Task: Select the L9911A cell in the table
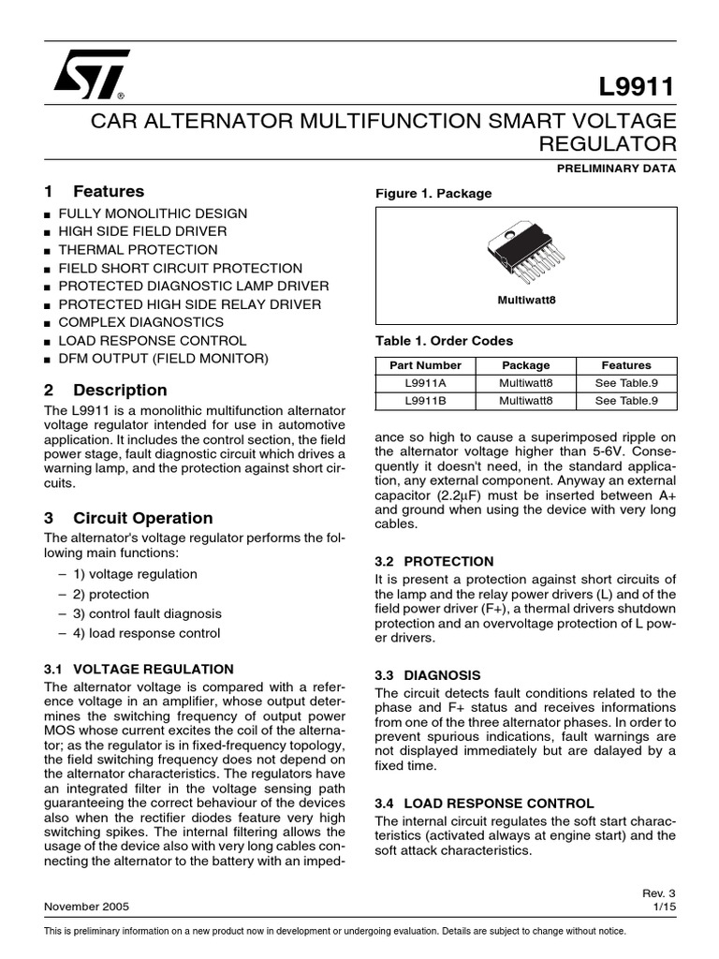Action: click(x=426, y=383)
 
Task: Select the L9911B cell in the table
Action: click(x=426, y=401)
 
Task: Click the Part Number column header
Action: click(x=426, y=365)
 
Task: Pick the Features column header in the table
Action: click(x=626, y=365)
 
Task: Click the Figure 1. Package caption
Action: click(x=433, y=194)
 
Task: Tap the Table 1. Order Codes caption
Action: click(x=444, y=341)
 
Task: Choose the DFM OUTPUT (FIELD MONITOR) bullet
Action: click(x=163, y=359)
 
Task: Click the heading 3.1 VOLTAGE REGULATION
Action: click(x=139, y=669)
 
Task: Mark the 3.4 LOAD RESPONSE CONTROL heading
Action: click(x=484, y=804)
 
